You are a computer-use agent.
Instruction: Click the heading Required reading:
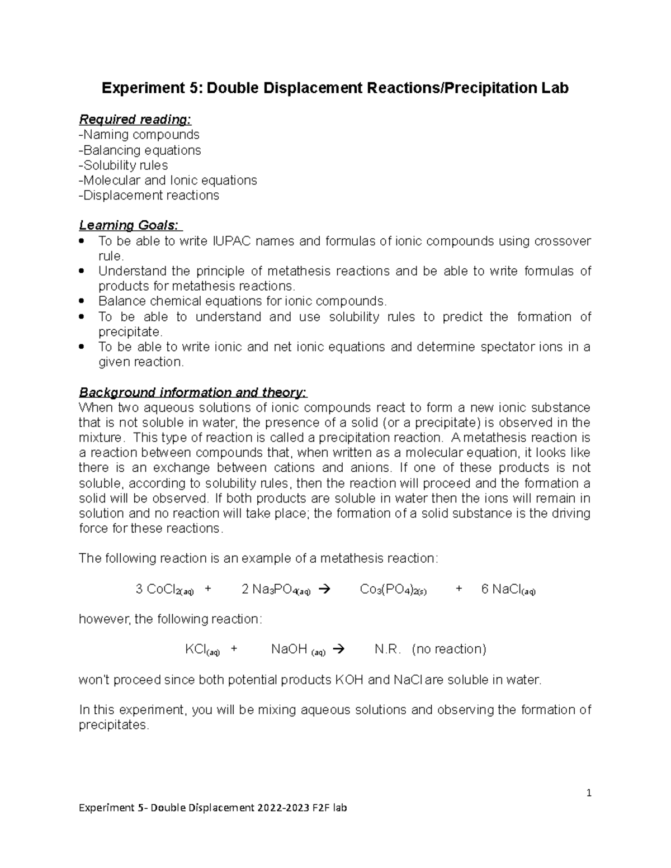(x=135, y=120)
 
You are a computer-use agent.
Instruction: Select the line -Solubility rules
(x=124, y=165)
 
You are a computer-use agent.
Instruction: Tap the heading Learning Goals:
(x=129, y=225)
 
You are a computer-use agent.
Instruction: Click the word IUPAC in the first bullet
(x=233, y=241)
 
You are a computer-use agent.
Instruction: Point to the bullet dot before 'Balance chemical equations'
(x=83, y=301)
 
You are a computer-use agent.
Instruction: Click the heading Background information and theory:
(x=193, y=392)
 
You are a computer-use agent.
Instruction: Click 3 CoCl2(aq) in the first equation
(x=164, y=590)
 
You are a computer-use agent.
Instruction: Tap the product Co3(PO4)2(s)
(x=393, y=590)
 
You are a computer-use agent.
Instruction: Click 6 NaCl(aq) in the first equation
(x=508, y=590)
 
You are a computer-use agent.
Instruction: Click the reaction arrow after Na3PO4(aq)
(x=324, y=589)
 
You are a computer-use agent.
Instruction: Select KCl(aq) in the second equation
(x=202, y=649)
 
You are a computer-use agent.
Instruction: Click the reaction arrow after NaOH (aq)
(x=338, y=649)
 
